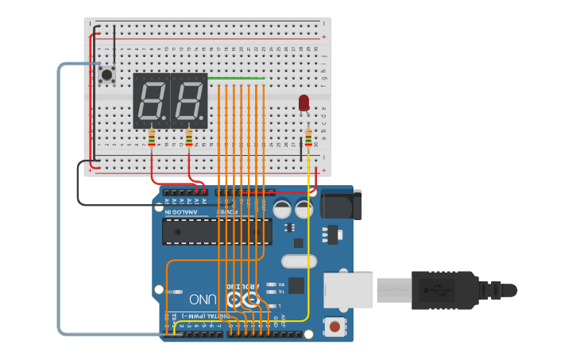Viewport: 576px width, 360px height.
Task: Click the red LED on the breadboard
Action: (x=303, y=103)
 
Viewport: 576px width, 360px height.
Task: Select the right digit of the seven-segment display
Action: (x=188, y=100)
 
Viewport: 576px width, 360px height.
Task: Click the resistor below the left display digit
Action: (x=152, y=140)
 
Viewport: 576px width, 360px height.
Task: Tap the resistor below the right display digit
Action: (x=188, y=139)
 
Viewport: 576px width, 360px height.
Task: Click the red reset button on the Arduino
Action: (x=335, y=326)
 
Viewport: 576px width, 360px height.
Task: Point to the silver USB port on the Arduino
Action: (x=348, y=290)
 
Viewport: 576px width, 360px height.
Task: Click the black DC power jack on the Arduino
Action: (x=341, y=204)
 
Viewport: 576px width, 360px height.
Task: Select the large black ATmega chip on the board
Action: (x=216, y=231)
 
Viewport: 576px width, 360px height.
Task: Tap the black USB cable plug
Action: (x=445, y=290)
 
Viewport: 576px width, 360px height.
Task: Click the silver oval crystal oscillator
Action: (x=300, y=261)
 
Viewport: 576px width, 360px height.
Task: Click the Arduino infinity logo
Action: (x=242, y=300)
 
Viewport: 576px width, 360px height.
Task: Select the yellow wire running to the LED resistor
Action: (x=308, y=238)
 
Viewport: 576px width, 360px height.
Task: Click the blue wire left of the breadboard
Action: (x=59, y=199)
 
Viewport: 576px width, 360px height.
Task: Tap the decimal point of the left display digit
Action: (x=164, y=122)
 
